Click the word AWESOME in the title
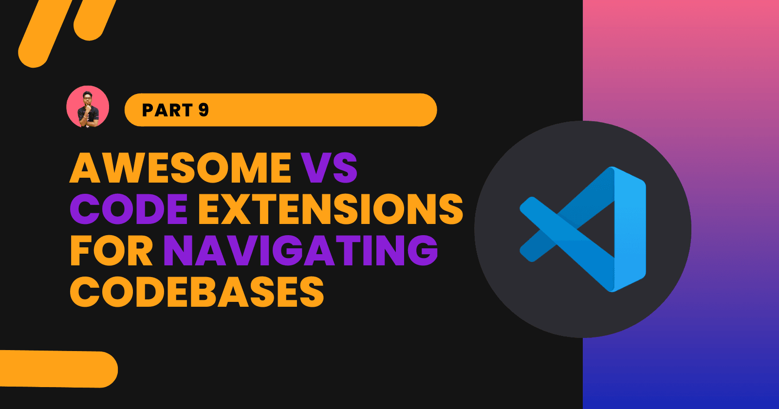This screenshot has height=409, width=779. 180,168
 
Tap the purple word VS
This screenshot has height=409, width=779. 329,168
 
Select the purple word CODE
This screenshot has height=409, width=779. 129,209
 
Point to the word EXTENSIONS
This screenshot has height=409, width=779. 331,209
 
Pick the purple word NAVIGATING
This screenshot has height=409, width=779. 300,251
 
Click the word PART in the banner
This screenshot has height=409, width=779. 167,110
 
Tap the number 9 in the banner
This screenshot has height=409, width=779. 204,110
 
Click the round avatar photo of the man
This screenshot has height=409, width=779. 88,107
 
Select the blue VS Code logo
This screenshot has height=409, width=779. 583,229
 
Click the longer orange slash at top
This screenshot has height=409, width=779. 49,32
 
